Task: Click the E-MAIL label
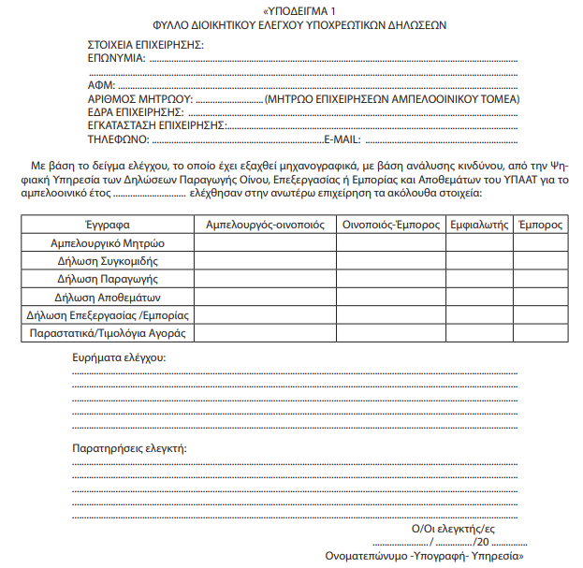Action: point(343,139)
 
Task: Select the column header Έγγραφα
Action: point(107,225)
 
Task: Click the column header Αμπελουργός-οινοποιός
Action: point(265,225)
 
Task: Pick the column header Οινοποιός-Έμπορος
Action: point(390,225)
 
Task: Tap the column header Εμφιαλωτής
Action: point(479,225)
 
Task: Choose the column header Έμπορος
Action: point(540,225)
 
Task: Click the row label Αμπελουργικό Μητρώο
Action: point(107,242)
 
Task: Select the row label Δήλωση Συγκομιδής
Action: point(107,260)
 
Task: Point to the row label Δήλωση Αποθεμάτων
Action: point(107,297)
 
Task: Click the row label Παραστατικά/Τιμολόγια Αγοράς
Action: point(107,332)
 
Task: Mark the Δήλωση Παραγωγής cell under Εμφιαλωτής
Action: point(479,279)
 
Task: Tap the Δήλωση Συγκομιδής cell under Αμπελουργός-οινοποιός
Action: point(265,260)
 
